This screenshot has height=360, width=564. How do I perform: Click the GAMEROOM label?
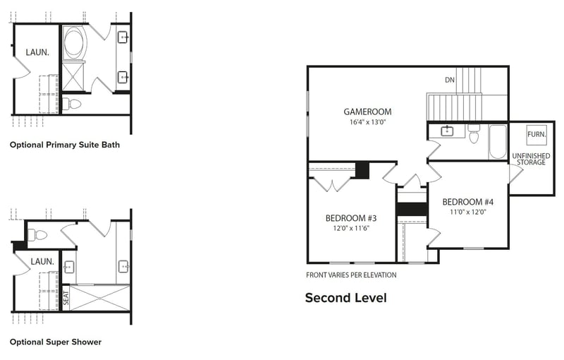click(367, 112)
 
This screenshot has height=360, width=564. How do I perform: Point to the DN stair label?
click(449, 80)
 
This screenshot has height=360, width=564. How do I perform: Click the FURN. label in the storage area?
click(536, 133)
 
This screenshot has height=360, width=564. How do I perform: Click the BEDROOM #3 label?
click(351, 217)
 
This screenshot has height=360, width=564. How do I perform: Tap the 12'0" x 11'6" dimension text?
click(350, 229)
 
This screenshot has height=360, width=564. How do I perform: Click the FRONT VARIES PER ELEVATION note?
click(351, 275)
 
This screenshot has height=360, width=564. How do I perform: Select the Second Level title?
click(345, 298)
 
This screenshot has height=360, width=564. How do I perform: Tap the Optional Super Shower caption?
click(56, 342)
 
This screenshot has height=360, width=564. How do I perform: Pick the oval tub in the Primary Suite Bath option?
click(74, 44)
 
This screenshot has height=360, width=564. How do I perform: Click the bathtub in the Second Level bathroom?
click(497, 141)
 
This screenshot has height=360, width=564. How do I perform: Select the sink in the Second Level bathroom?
click(447, 131)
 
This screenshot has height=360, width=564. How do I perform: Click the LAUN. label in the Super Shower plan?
click(43, 261)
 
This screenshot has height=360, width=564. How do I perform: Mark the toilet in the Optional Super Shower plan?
click(38, 235)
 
